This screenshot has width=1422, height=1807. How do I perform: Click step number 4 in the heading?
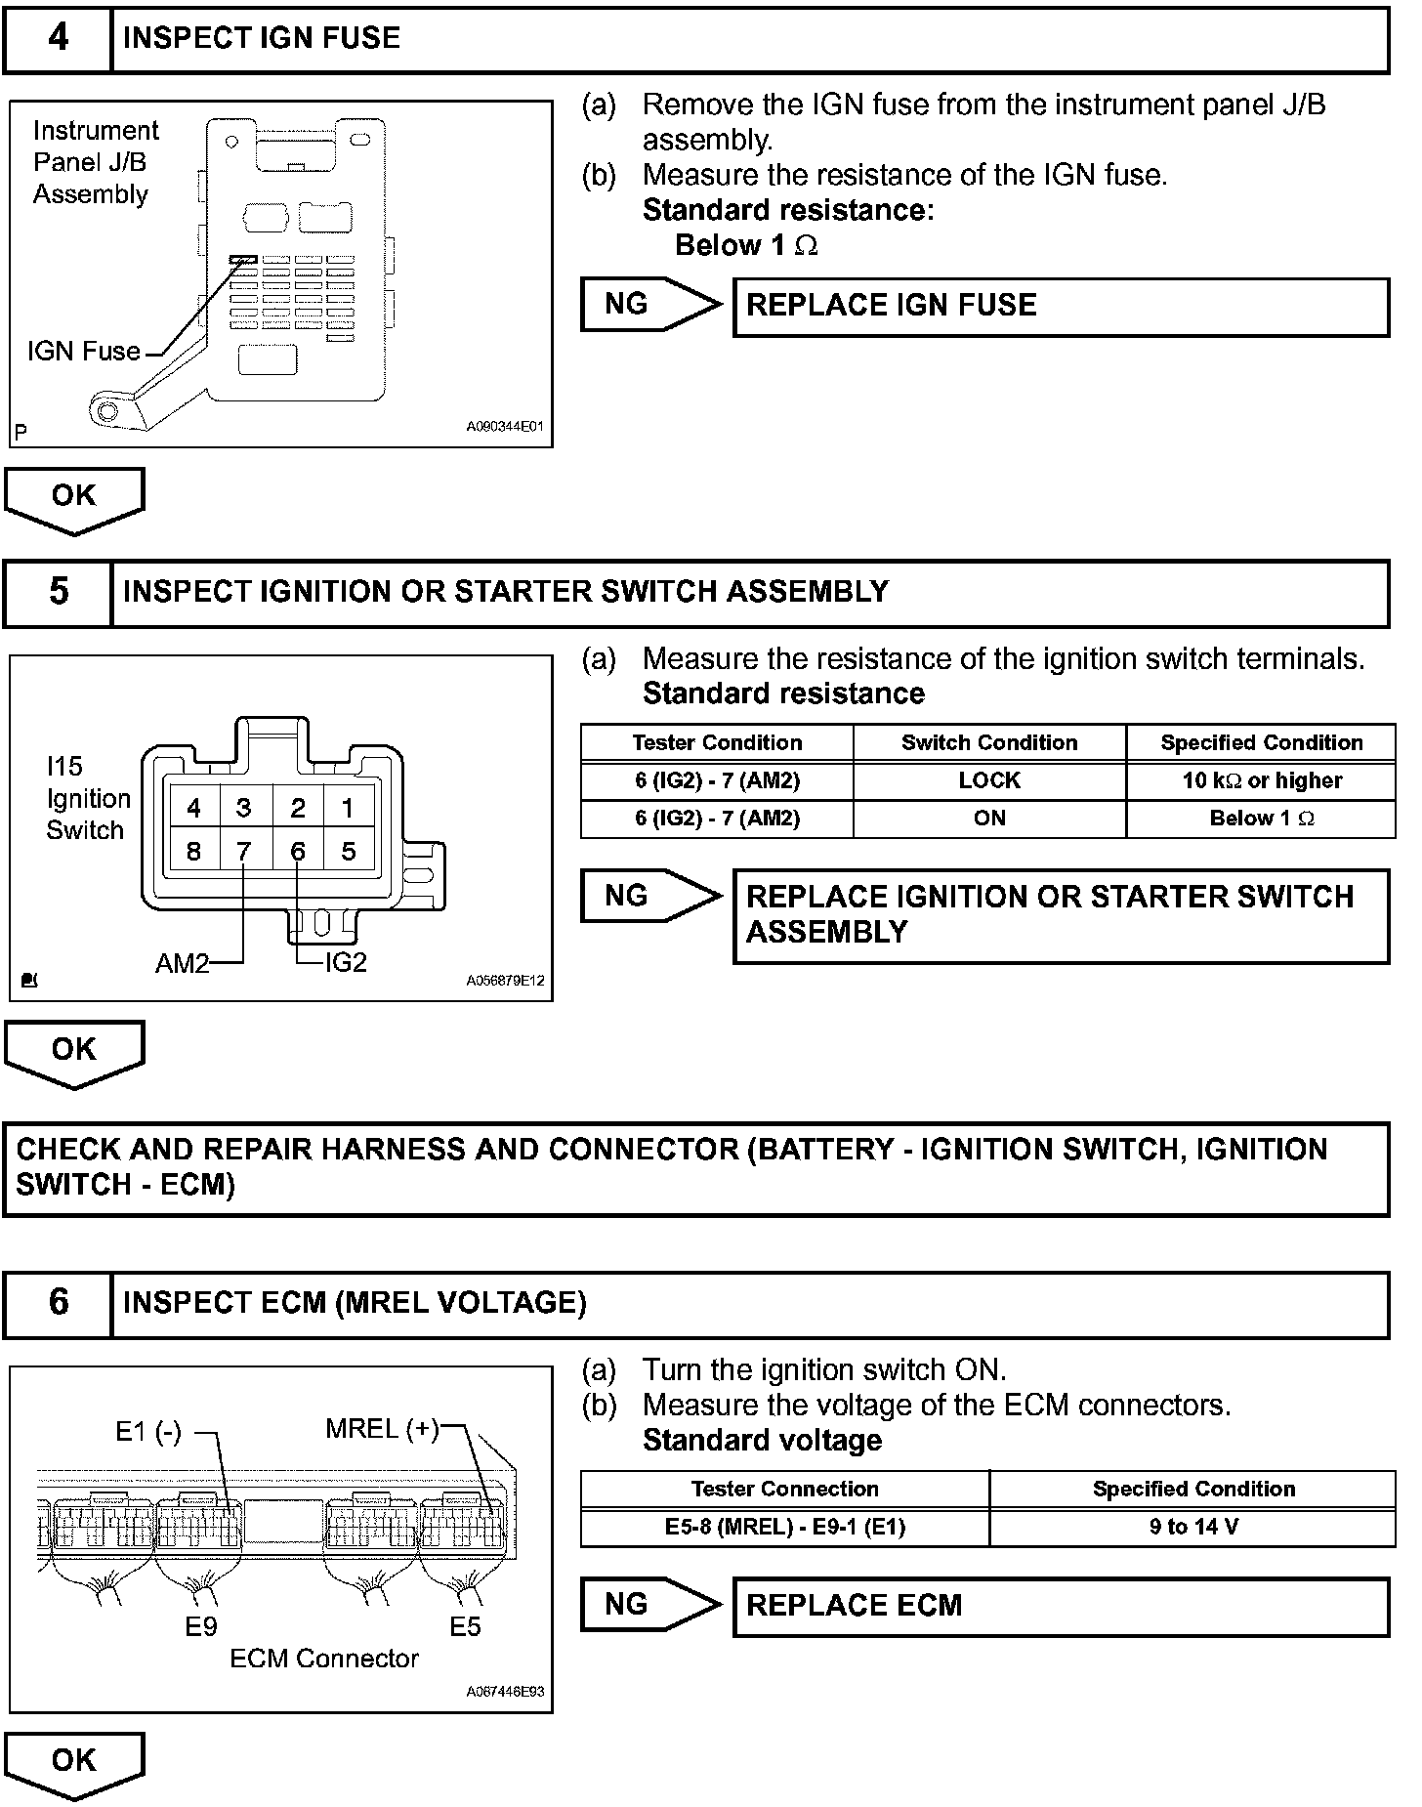pyautogui.click(x=58, y=38)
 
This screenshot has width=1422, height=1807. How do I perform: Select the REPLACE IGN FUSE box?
pyautogui.click(x=1060, y=307)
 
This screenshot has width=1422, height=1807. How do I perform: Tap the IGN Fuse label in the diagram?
pyautogui.click(x=84, y=352)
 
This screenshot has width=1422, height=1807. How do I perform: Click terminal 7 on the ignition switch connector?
pyautogui.click(x=243, y=852)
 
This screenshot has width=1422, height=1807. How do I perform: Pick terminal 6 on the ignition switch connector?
pyautogui.click(x=297, y=852)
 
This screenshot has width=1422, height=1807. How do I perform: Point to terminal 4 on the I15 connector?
pyautogui.click(x=193, y=809)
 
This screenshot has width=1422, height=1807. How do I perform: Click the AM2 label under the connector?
pyautogui.click(x=182, y=964)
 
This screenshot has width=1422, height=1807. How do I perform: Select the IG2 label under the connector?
pyautogui.click(x=346, y=963)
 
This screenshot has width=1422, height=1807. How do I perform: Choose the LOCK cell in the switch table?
pyautogui.click(x=988, y=781)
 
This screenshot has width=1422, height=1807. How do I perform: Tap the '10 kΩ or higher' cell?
pyautogui.click(x=1261, y=781)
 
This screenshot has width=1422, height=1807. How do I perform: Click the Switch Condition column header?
pyautogui.click(x=988, y=743)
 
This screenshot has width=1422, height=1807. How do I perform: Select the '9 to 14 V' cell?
pyautogui.click(x=1192, y=1527)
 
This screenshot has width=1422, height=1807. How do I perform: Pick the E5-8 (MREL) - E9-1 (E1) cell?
pyautogui.click(x=784, y=1527)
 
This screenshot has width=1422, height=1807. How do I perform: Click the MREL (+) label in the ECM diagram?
pyautogui.click(x=382, y=1430)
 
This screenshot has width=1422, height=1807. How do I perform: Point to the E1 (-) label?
pyautogui.click(x=148, y=1433)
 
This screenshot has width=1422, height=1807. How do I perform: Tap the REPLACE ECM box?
pyautogui.click(x=1060, y=1606)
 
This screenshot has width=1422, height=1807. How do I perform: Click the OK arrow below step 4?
pyautogui.click(x=74, y=499)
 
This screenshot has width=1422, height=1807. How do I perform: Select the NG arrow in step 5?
pyautogui.click(x=649, y=897)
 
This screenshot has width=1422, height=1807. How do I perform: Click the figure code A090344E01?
pyautogui.click(x=504, y=428)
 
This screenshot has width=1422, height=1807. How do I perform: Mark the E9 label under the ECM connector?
pyautogui.click(x=201, y=1626)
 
